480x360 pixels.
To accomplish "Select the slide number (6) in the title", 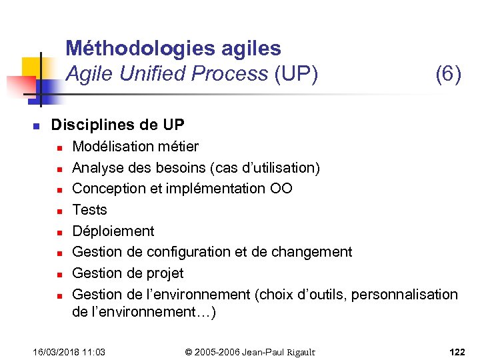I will coord(448,74).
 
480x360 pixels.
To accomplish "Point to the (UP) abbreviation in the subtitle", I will coord(296,74).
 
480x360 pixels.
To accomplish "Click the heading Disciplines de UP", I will coord(117,125).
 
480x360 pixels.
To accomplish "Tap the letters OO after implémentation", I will coord(281,189).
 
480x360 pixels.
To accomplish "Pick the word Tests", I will coord(89,210).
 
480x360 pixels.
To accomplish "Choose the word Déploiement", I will coord(113,231).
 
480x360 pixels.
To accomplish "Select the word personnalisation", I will coord(405,295).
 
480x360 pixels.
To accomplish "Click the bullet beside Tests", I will coord(59,211).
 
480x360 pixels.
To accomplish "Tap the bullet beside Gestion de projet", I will coord(59,274).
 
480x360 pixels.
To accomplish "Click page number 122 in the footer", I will coord(457,351).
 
